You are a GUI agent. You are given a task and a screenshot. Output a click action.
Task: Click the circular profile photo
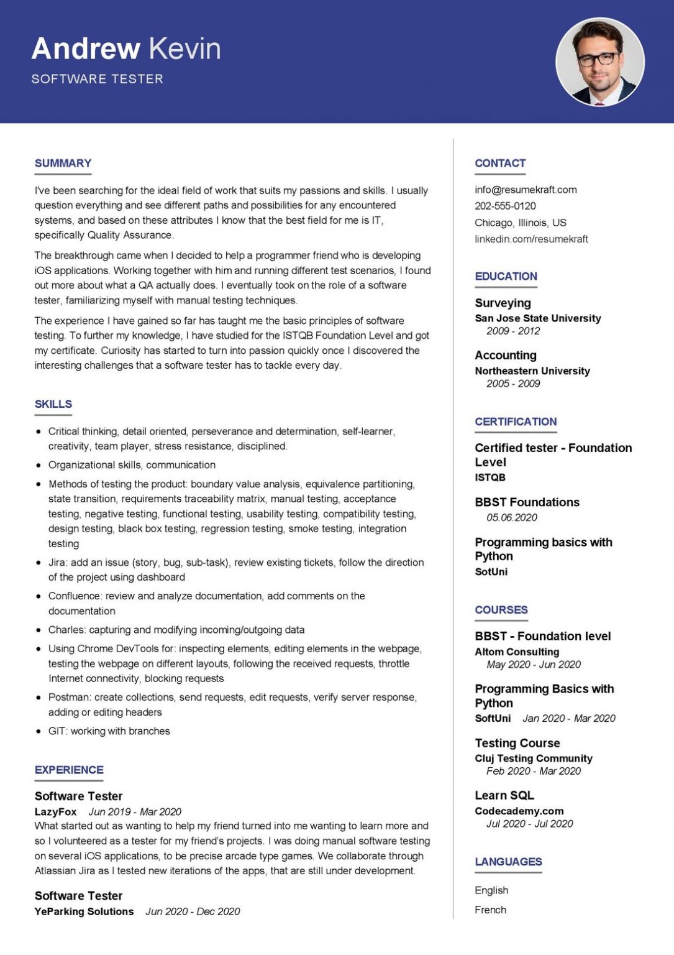(599, 62)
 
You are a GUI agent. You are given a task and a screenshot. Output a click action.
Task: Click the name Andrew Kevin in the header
(126, 48)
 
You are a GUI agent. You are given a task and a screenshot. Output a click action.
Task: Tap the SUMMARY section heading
(63, 164)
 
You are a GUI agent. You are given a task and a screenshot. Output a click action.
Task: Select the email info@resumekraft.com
(526, 190)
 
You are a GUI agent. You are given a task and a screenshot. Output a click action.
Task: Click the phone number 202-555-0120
(505, 206)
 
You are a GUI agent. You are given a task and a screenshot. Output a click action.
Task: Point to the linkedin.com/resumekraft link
(531, 239)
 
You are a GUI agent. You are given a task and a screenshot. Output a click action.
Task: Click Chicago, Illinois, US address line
(521, 223)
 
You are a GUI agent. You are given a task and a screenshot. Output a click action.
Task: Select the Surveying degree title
(503, 303)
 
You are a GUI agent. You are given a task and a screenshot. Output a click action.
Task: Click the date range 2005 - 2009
(513, 384)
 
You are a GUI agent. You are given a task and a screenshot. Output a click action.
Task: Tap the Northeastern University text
(532, 371)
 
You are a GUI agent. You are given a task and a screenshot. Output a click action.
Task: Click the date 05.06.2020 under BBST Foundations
(512, 517)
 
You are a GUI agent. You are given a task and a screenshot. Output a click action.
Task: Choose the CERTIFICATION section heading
(516, 422)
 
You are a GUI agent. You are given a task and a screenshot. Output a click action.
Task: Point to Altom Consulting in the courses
(517, 652)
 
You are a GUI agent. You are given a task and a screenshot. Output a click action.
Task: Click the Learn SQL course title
(504, 795)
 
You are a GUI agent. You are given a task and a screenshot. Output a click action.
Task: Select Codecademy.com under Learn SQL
(519, 811)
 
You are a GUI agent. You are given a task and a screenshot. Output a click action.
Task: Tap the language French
(490, 910)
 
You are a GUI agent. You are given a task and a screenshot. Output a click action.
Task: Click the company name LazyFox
(56, 811)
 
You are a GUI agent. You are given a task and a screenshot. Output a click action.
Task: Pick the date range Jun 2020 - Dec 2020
(193, 911)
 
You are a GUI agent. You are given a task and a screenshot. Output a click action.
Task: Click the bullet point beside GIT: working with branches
(39, 731)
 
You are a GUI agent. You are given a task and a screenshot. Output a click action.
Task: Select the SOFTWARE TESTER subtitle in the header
(98, 79)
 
